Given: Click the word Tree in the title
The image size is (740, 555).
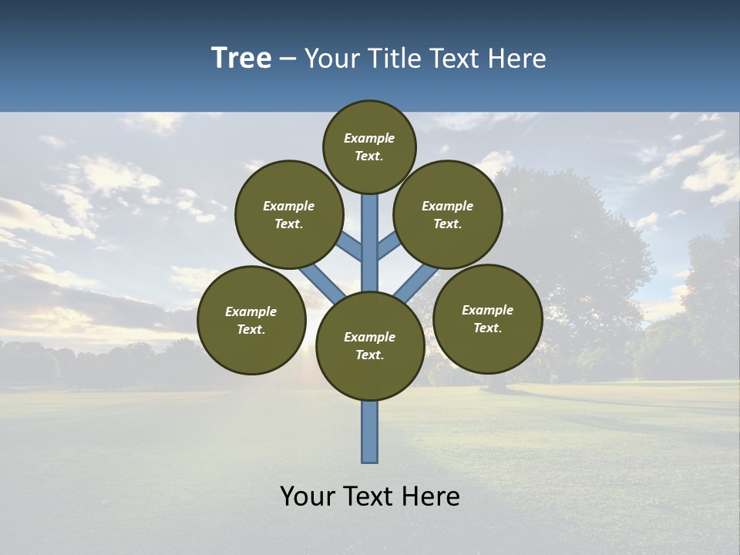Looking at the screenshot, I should point(241,59).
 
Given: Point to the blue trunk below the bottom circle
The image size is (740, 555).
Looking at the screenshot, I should point(370,432).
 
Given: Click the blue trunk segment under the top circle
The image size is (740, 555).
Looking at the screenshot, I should point(370,231).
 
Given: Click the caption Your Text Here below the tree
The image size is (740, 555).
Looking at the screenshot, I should point(370,496).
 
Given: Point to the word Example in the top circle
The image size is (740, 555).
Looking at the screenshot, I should point(369,139).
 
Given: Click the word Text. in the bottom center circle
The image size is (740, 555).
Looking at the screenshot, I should point(369,355).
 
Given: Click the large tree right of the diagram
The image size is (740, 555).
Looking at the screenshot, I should point(586,254).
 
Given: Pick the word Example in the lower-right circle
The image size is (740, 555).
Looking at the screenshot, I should point(487,311).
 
